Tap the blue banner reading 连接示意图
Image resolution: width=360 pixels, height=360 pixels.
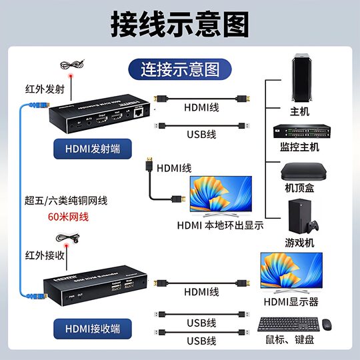179,68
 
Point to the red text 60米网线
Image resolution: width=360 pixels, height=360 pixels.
69,217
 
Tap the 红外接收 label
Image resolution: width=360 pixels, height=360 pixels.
45,255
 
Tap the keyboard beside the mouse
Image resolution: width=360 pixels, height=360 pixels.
286,325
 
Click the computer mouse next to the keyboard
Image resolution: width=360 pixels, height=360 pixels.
327,325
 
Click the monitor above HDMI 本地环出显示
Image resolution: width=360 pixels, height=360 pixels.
221,195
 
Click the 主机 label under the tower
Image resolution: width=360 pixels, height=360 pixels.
299,111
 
